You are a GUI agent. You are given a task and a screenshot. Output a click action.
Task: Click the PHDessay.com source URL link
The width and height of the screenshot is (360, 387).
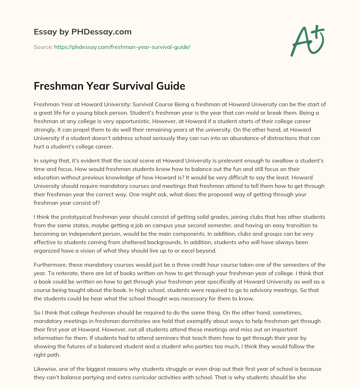122,47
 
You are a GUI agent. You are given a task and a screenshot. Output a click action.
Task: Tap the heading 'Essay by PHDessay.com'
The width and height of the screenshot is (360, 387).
83,32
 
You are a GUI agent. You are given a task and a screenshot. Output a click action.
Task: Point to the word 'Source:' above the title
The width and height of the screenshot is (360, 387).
43,47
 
